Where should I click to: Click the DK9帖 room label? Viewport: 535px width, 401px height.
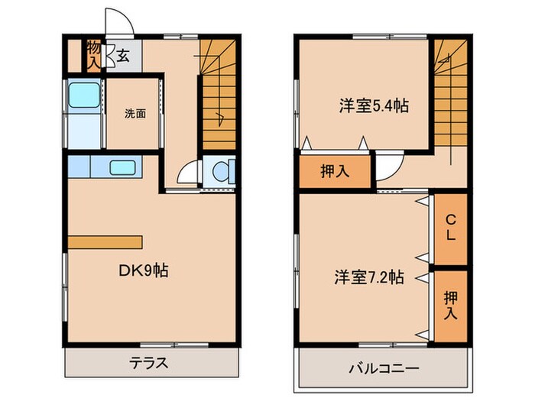click(x=143, y=270)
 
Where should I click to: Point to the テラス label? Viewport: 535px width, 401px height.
click(x=148, y=363)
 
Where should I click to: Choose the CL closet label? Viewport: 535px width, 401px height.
click(x=450, y=227)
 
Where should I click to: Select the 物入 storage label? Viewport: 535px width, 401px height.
click(x=93, y=54)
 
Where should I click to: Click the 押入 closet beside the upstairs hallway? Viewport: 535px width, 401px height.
click(x=334, y=170)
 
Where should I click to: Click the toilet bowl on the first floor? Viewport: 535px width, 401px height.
click(x=222, y=172)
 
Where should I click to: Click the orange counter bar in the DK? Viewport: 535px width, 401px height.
click(x=105, y=241)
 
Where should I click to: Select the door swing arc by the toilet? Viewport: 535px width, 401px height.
click(x=188, y=174)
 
